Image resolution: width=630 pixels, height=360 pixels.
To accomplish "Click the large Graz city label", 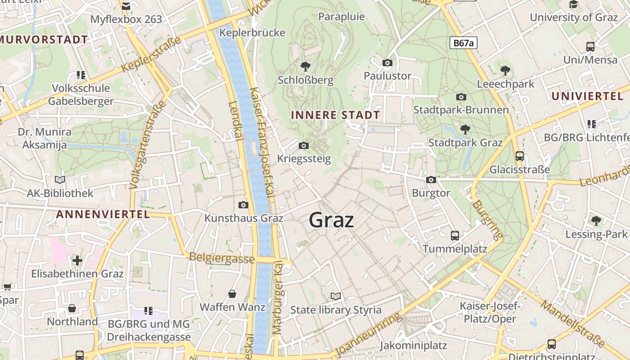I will [x=332, y=220].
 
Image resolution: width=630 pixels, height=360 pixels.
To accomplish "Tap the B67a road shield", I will [x=463, y=43].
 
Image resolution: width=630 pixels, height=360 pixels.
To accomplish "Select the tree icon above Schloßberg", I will [x=306, y=67].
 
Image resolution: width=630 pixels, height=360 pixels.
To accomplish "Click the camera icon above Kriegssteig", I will [x=304, y=145].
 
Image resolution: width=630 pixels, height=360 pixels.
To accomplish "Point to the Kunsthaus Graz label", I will [x=244, y=218].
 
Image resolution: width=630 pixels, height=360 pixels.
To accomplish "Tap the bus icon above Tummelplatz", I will [x=455, y=235].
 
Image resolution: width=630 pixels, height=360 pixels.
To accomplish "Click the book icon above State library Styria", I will [x=336, y=296].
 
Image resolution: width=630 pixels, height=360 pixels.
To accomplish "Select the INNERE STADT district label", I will [x=335, y=115].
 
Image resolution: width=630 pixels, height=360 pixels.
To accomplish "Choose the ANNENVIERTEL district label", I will [x=103, y=214].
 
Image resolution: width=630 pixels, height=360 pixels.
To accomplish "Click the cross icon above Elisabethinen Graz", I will [x=77, y=260].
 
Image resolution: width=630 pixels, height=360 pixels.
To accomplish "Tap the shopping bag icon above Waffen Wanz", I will [x=232, y=294].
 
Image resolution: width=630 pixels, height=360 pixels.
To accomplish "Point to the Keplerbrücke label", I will [x=252, y=33].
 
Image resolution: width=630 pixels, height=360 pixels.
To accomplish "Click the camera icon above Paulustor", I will [x=387, y=63].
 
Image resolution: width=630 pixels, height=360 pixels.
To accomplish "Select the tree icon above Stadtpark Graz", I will [x=465, y=130].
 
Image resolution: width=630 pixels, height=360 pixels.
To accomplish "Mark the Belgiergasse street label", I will [x=222, y=258].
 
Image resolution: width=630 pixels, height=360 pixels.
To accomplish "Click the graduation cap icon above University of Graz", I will [x=574, y=4].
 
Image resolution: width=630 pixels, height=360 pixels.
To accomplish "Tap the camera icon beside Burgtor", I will [x=431, y=180].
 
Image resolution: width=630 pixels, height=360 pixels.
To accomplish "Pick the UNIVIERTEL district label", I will [x=588, y=96].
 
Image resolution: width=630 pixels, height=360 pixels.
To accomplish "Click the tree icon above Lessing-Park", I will [x=596, y=220].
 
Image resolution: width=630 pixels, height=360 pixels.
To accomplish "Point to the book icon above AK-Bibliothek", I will [x=60, y=180].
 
